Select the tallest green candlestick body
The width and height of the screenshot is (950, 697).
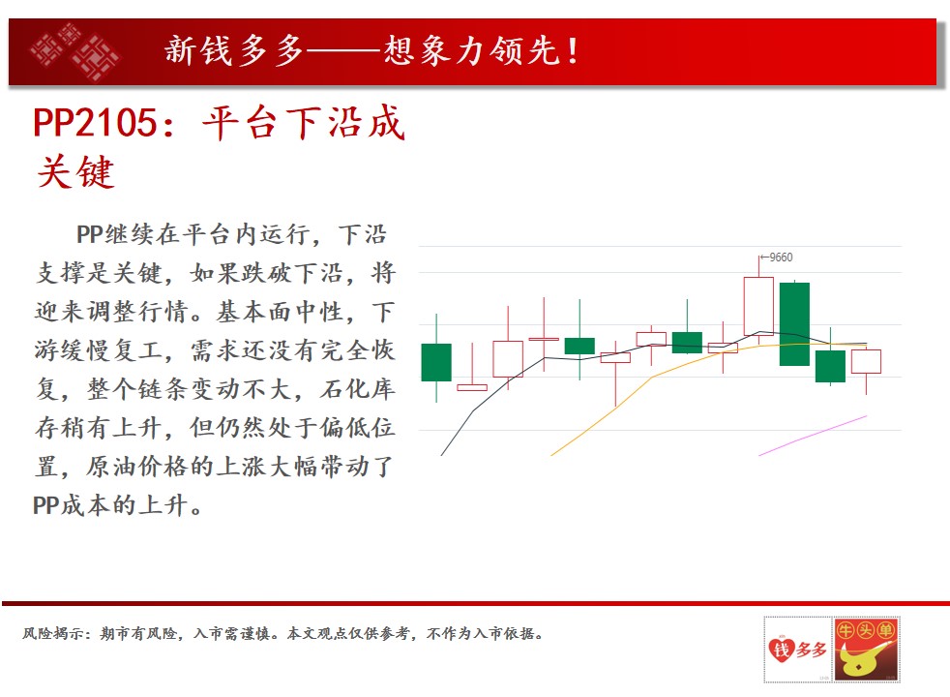794,324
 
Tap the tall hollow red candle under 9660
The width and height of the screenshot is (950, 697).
758,306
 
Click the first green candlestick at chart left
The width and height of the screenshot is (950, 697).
436,362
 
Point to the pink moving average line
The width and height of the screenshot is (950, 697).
813,436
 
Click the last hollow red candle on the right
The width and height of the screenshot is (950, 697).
867,361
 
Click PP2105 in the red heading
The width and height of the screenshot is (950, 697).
95,122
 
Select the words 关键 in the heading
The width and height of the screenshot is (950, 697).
75,172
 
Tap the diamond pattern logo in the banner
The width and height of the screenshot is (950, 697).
75,51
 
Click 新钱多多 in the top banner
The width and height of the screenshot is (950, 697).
234,50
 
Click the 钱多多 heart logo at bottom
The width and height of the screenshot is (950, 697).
797,650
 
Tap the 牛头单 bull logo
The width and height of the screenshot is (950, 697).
866,650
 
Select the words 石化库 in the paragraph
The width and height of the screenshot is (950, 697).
358,389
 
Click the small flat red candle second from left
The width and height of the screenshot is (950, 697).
472,387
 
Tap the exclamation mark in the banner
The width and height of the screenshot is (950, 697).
572,51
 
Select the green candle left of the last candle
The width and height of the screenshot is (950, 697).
830,366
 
